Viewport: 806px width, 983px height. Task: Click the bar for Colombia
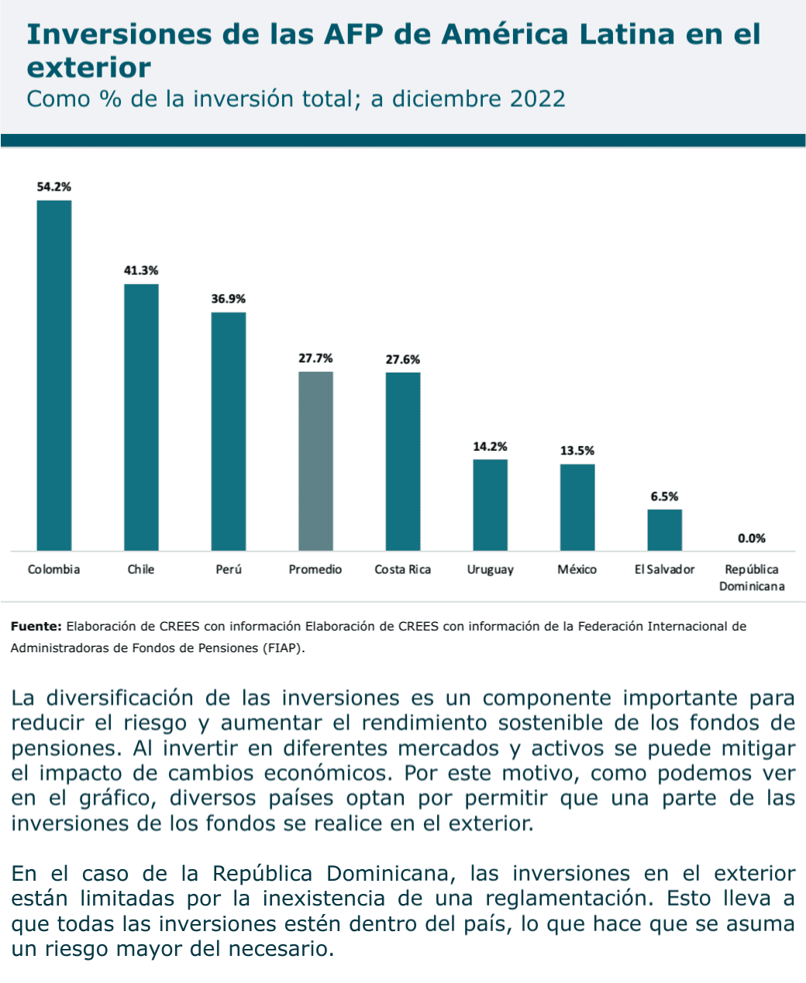coord(54,376)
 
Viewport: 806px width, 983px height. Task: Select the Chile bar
coord(141,418)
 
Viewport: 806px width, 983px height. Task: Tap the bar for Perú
coord(229,431)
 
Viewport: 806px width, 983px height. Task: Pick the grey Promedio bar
coord(315,462)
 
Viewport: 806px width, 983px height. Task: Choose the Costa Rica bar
coord(403,462)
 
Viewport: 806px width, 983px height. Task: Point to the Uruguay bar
coord(490,505)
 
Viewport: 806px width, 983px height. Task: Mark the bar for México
coord(577,507)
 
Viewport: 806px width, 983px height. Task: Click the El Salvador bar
coord(664,530)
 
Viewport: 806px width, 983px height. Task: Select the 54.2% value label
coord(54,187)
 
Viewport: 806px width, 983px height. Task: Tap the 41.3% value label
coord(141,270)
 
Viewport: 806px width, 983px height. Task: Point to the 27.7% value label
coord(315,358)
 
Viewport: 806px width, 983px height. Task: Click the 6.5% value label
coord(664,497)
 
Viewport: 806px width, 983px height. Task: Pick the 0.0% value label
coord(751,538)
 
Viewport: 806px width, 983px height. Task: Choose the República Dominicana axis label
coord(751,578)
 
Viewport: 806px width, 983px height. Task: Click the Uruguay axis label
coord(490,570)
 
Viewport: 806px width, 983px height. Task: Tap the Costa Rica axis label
coord(403,570)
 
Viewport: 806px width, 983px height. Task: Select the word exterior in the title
coord(88,68)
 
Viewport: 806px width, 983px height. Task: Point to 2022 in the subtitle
coord(537,99)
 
